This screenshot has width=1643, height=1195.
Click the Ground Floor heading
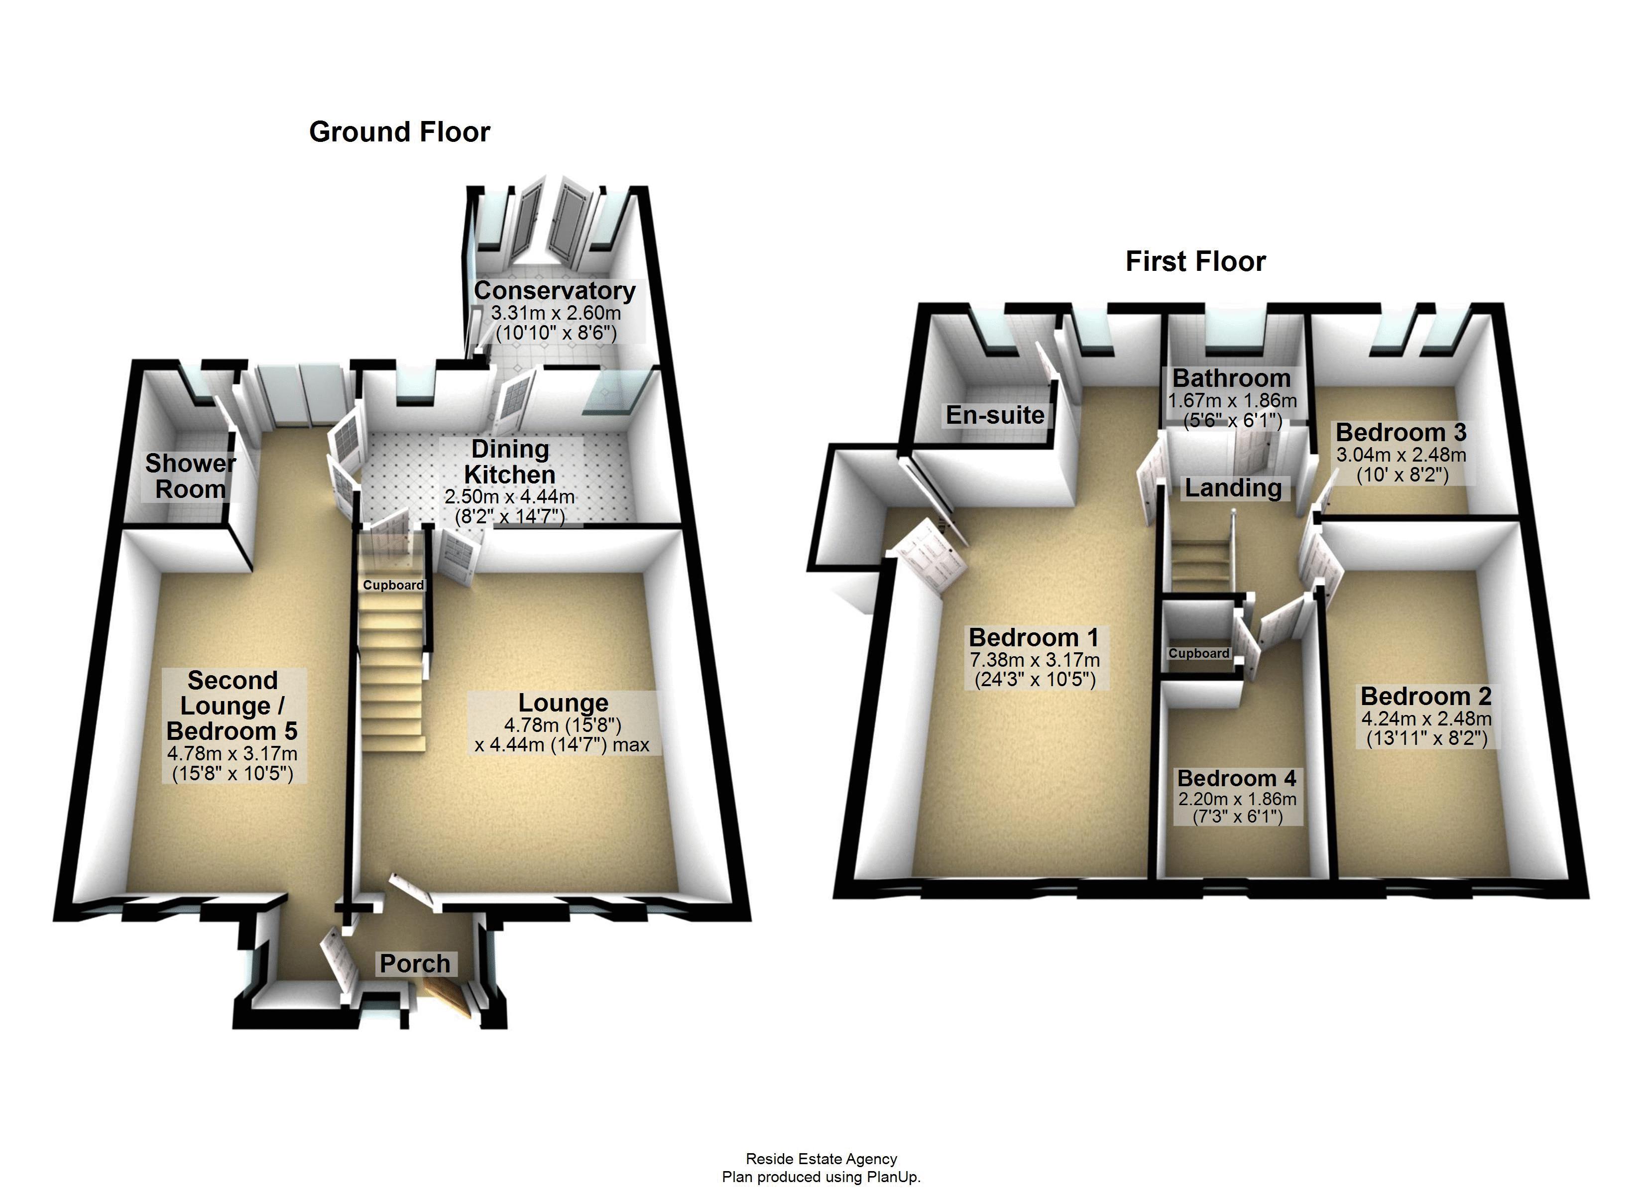[x=399, y=132]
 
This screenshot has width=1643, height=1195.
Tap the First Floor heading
[x=1195, y=261]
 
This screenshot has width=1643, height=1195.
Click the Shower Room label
[x=191, y=476]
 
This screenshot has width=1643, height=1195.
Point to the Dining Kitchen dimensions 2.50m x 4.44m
[x=509, y=497]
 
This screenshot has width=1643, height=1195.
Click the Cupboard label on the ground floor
[x=393, y=585]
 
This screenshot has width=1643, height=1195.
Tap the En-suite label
[x=995, y=415]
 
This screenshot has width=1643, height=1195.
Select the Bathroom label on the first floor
[x=1232, y=378]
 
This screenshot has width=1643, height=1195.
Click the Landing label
[x=1233, y=488]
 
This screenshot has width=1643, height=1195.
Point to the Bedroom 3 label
[x=1401, y=433]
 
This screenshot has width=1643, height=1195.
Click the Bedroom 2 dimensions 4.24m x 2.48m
[x=1425, y=719]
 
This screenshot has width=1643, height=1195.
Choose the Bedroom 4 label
[x=1237, y=778]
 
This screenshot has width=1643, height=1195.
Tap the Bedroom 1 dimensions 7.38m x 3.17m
[x=1035, y=660]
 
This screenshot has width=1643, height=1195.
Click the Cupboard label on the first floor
[x=1198, y=653]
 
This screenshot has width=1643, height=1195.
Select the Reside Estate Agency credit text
[x=821, y=1159]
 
